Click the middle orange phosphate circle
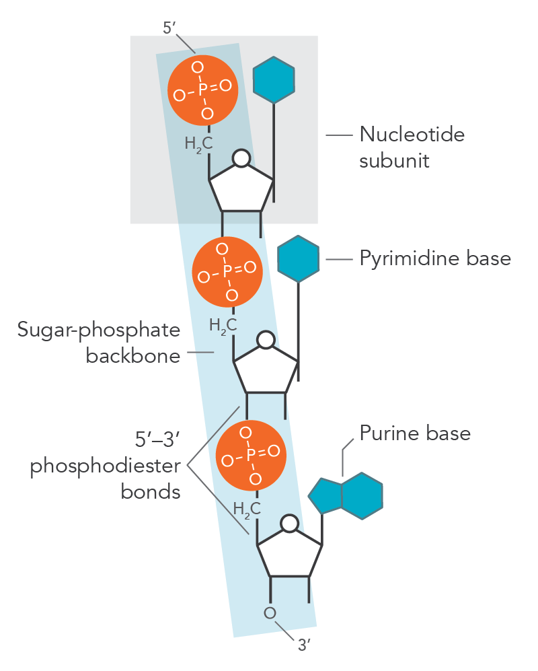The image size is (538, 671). click(227, 271)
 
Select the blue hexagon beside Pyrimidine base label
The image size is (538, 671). click(299, 258)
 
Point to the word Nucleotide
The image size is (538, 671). click(412, 134)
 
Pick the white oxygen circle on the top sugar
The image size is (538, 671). click(241, 158)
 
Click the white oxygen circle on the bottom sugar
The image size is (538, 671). click(290, 523)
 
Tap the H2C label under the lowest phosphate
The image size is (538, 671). click(246, 509)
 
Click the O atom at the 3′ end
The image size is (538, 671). click(270, 613)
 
